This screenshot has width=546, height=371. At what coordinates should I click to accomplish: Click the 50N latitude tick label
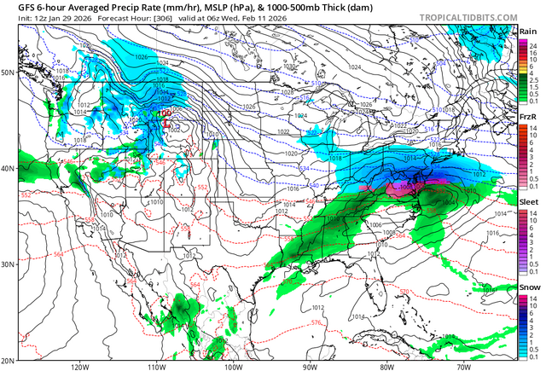click(8, 72)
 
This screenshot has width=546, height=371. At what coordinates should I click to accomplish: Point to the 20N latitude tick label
click(8, 360)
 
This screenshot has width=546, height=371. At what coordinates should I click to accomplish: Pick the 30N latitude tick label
click(8, 264)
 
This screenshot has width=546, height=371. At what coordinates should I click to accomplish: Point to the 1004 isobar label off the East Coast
click(449, 203)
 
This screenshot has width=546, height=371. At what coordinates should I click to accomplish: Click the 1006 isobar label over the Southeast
click(364, 224)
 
